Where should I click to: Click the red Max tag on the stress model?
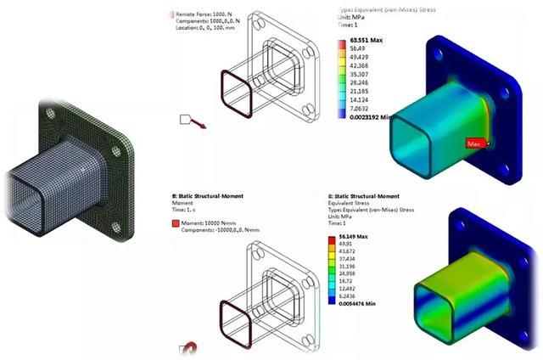(x=474, y=144)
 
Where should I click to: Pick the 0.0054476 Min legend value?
(x=365, y=303)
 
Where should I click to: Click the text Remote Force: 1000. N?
(x=208, y=14)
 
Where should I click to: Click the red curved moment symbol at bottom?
(x=189, y=349)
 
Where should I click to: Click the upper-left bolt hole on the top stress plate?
(x=436, y=55)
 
